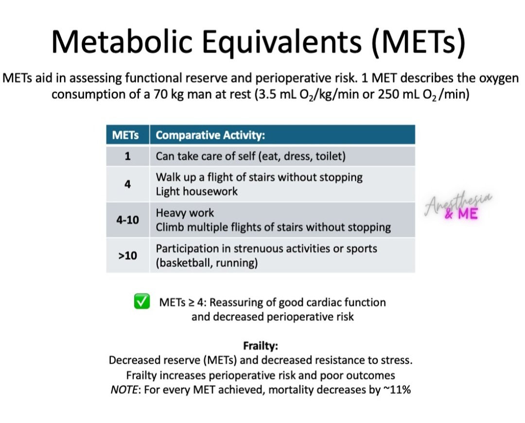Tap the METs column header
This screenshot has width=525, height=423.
coord(125,135)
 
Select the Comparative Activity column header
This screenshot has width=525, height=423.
coord(210,135)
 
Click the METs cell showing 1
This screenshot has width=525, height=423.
coord(127,156)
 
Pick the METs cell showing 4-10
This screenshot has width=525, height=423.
coord(127,220)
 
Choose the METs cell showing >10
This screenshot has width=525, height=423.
coord(127,256)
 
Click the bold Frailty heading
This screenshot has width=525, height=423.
coord(261,346)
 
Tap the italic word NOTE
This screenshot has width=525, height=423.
coord(124,390)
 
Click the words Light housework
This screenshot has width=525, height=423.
coord(196,191)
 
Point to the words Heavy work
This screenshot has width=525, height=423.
coord(185,213)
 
